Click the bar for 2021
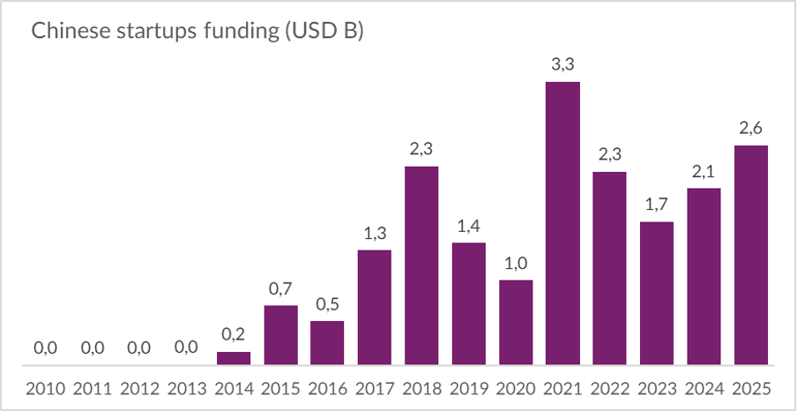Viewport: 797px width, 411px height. click(562, 223)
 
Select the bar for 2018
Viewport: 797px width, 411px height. click(421, 265)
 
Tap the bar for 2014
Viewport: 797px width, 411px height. click(234, 358)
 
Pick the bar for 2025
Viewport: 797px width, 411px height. click(750, 255)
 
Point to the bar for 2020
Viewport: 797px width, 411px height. click(516, 322)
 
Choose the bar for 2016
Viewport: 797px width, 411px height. click(327, 342)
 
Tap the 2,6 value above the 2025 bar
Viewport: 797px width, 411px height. click(750, 128)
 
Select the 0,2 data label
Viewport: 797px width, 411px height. click(234, 334)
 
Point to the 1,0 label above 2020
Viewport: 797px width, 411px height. click(516, 263)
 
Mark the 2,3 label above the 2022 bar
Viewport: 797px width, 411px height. click(609, 154)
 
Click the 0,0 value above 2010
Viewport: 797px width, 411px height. click(45, 348)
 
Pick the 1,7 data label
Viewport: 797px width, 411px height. click(657, 205)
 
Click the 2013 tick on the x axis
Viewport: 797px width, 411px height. click(186, 389)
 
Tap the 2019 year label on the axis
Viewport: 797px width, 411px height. click(468, 389)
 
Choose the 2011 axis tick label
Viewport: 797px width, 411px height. click(92, 389)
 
